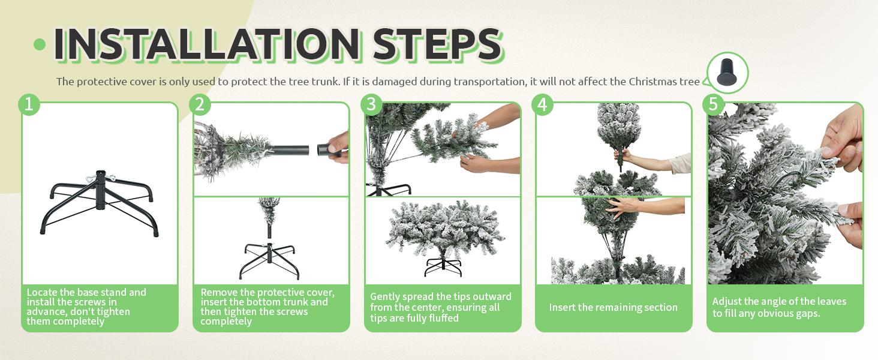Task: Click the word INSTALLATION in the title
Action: (207, 44)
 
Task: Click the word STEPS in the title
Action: (437, 44)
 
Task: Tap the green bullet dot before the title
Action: (40, 44)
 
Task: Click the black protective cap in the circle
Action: (727, 72)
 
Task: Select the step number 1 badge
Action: (29, 104)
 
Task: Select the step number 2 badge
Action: (200, 104)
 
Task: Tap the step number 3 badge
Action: (371, 104)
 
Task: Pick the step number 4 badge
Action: (542, 104)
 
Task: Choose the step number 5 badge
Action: (713, 104)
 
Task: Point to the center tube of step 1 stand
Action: (101, 190)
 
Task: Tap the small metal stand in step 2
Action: (269, 261)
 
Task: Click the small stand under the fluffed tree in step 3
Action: (443, 267)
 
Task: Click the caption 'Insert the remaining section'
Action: (613, 307)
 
